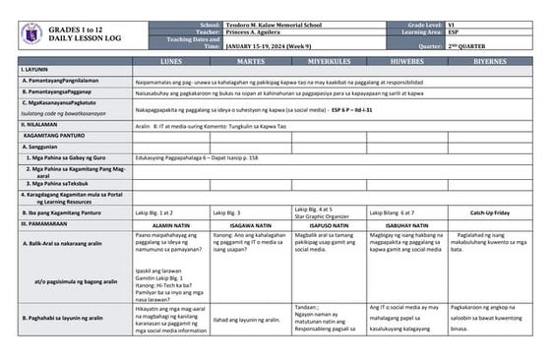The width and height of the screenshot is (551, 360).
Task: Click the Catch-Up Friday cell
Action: pos(489,211)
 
